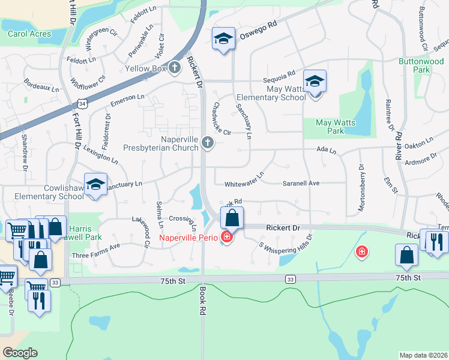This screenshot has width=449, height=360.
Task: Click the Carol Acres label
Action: click(29, 34)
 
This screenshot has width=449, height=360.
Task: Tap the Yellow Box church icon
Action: click(175, 67)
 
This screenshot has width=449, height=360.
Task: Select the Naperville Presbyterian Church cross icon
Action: click(207, 142)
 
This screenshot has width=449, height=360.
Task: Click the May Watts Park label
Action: click(336, 127)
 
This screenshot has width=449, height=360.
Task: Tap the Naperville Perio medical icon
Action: click(226, 237)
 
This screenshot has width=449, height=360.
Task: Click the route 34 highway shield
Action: click(83, 103)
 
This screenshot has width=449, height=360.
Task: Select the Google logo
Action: click(20, 352)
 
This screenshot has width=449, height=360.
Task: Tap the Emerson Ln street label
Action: click(127, 98)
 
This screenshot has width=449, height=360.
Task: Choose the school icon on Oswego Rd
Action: click(223, 39)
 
